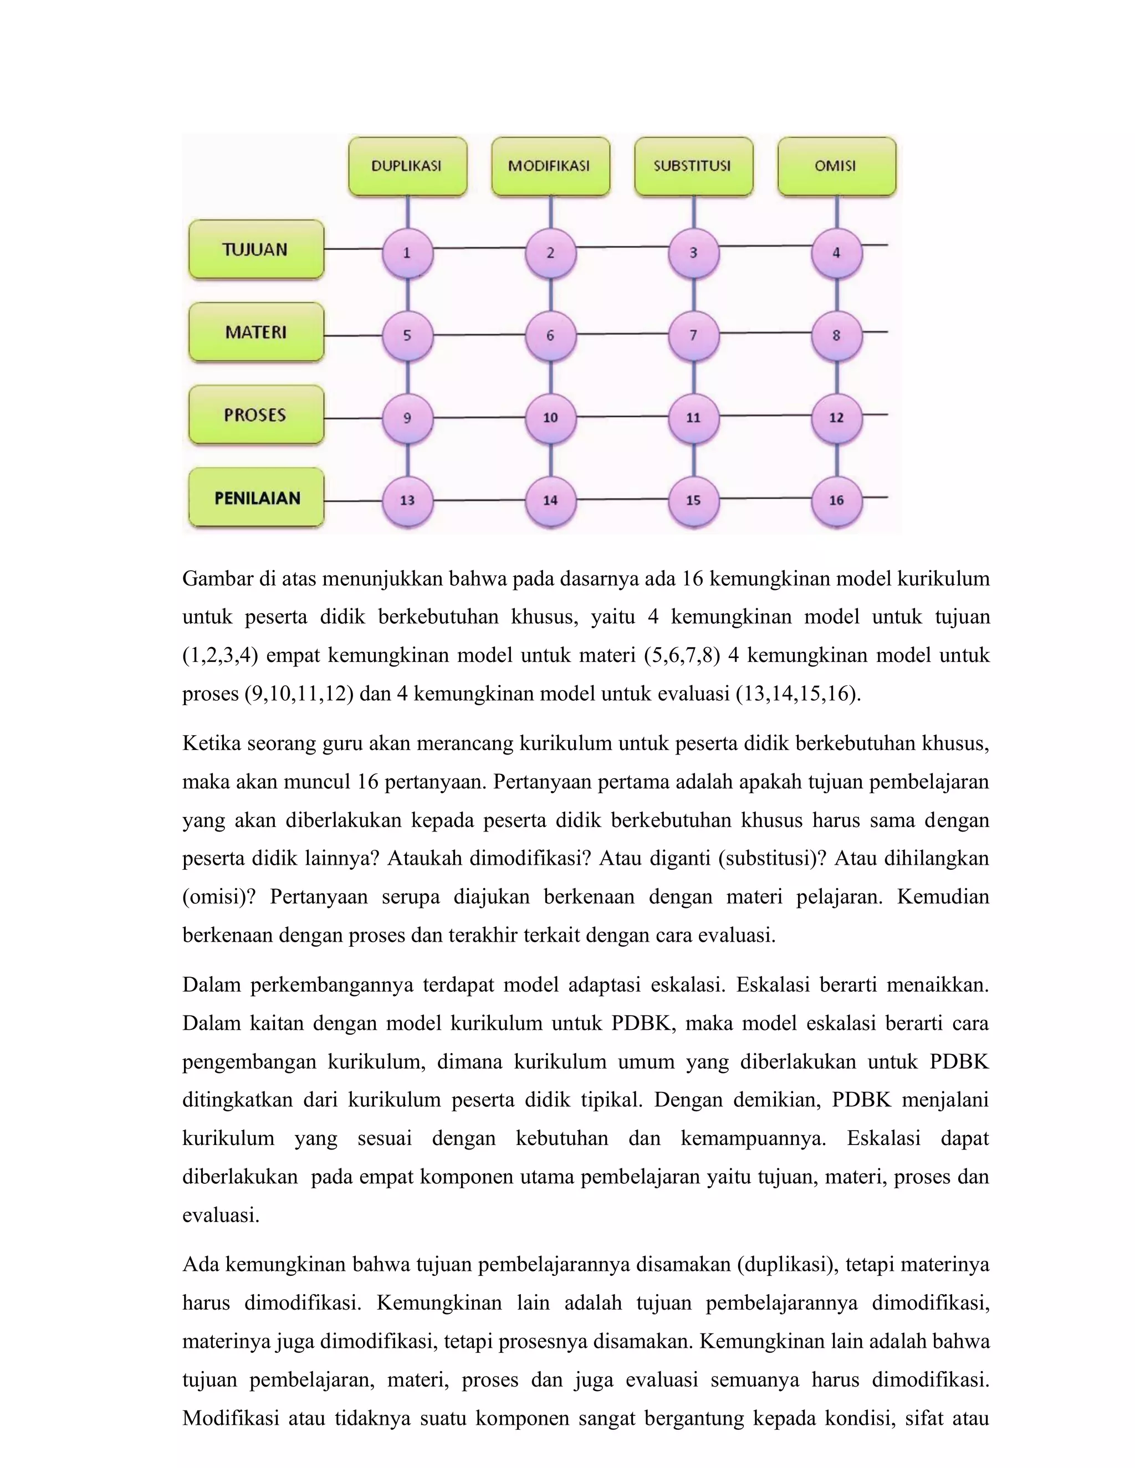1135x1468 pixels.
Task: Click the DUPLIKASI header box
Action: [x=407, y=167]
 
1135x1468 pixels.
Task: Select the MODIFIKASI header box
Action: [x=550, y=167]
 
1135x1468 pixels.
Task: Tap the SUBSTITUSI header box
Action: [x=693, y=167]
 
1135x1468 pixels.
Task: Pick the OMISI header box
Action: [x=836, y=167]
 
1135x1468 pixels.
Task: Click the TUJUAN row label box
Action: [x=256, y=249]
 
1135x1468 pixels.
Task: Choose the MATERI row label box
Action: [x=256, y=332]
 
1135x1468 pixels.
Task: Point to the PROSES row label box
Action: [x=256, y=415]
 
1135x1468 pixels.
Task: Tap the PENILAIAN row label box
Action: [x=256, y=497]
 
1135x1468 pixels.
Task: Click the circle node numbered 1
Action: [x=407, y=253]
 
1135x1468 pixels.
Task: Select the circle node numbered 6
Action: [x=550, y=335]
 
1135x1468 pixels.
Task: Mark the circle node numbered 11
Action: [x=693, y=418]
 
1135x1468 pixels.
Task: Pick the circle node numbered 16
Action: [x=836, y=500]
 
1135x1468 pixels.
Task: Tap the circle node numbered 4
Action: [x=836, y=253]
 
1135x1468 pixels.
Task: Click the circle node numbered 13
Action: [x=407, y=500]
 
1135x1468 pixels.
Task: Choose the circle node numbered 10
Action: [x=550, y=418]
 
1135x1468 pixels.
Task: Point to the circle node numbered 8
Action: [x=836, y=335]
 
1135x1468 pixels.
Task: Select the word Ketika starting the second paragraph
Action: [x=212, y=744]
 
